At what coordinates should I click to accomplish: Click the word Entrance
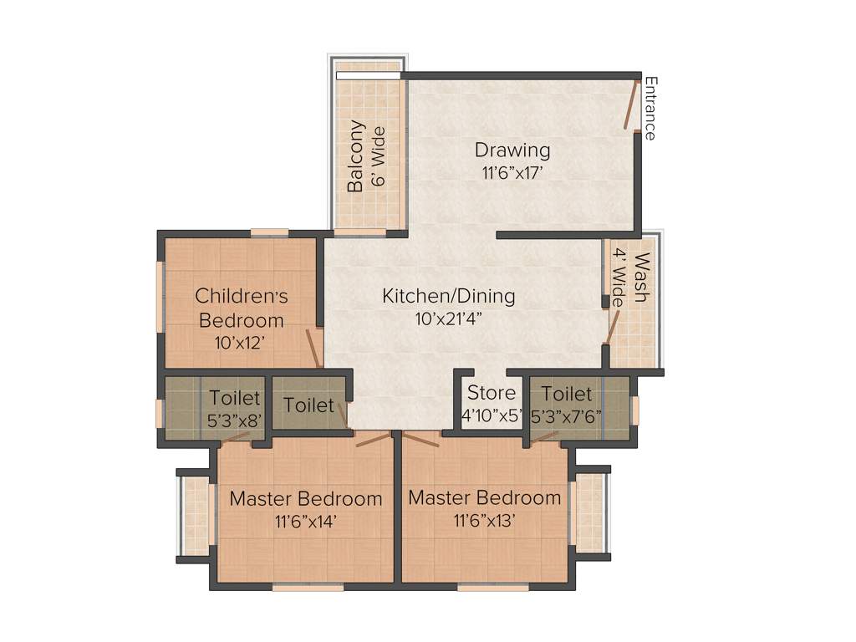pos(650,108)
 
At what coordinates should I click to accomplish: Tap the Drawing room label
pos(512,150)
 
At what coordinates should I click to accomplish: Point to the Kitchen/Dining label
pos(449,296)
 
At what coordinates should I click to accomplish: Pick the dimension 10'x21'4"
pos(449,318)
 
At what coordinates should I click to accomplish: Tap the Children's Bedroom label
pos(241,308)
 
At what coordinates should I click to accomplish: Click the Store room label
pos(492,393)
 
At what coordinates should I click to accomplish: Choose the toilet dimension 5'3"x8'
pos(234,420)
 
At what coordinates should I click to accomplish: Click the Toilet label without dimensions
pos(308,405)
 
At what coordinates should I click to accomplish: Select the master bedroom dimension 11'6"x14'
pos(305,522)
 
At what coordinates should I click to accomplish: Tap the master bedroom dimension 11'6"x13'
pos(484,521)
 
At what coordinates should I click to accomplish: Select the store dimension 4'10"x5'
pos(492,415)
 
